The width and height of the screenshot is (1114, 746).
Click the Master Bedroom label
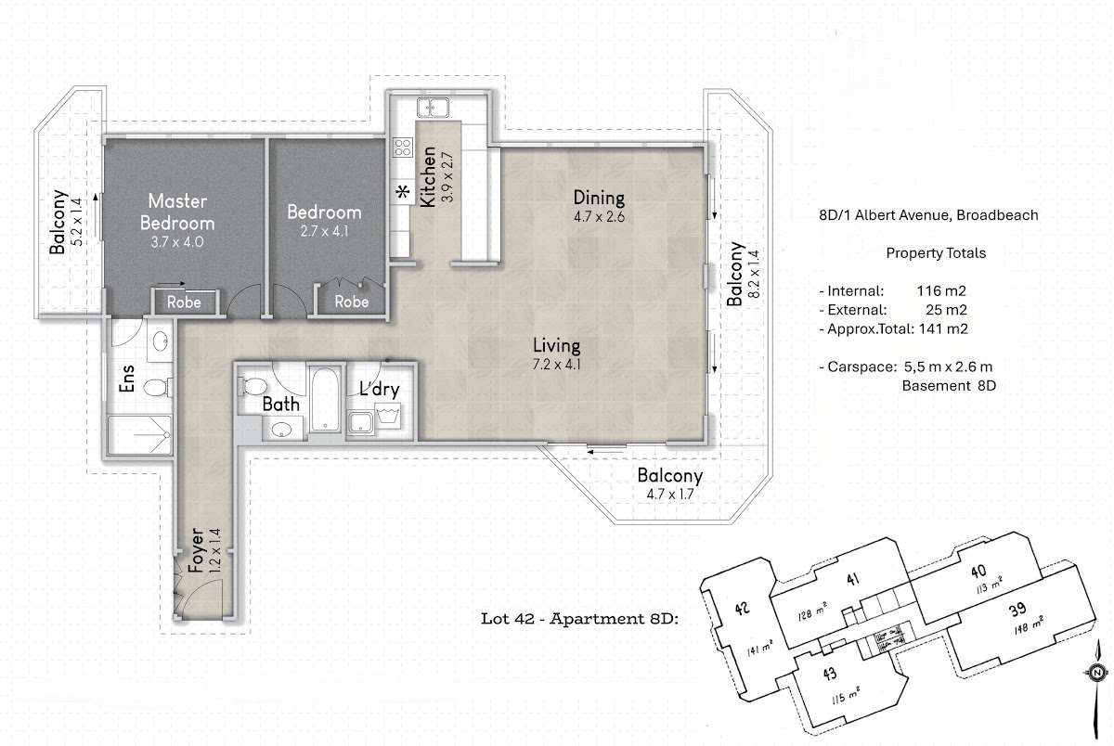pos(177,212)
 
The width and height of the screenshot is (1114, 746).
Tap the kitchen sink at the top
pos(433,108)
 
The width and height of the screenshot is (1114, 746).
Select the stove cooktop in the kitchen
pos(403,148)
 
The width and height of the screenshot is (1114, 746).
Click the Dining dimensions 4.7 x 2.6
pos(599,217)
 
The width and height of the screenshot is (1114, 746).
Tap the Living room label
pos(556,345)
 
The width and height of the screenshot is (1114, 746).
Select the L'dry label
pos(380,389)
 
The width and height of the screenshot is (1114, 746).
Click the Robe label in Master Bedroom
pos(184,302)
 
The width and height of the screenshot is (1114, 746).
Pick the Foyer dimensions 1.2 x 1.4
pos(214,551)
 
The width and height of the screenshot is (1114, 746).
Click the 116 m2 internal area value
pos(941,290)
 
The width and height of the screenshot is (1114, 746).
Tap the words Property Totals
pos(936,253)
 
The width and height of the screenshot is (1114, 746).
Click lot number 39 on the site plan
pos(1017,610)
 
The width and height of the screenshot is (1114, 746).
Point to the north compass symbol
pos(1097,673)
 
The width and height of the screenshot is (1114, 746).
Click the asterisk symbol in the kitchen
pos(403,191)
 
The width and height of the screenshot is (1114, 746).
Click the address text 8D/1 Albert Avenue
pos(886,215)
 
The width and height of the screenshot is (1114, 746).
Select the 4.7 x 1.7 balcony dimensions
pos(670,495)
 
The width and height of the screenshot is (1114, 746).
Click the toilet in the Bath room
pos(253,386)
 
